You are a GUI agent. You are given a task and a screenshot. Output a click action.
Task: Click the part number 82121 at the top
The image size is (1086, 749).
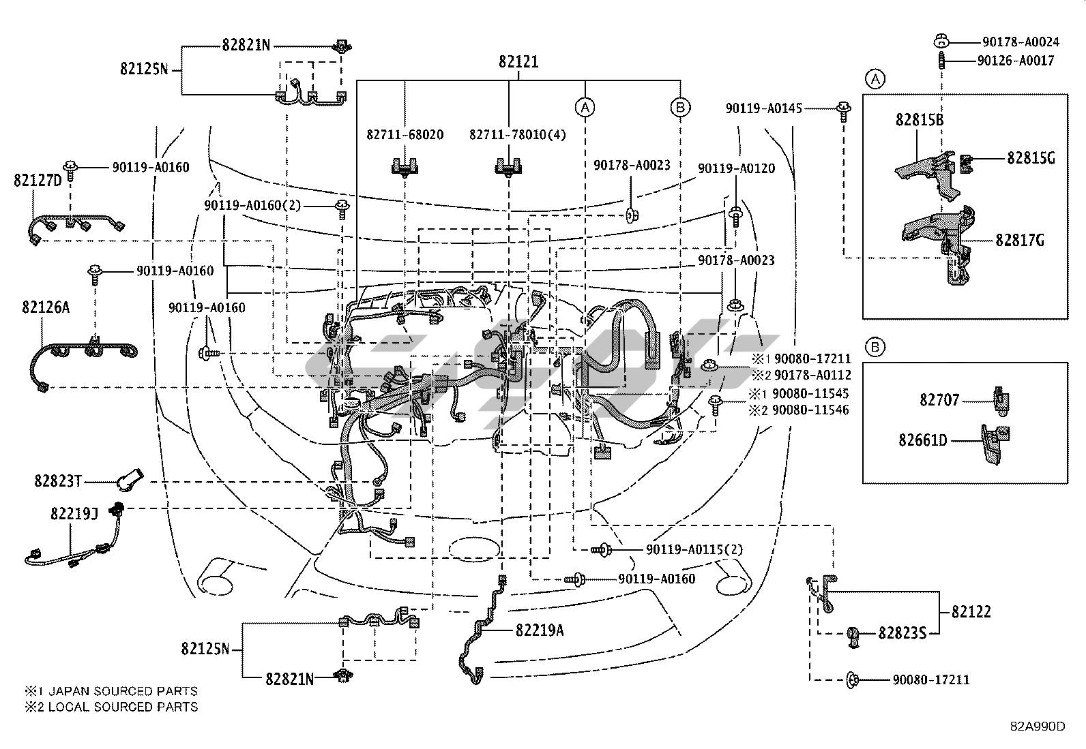[518, 62]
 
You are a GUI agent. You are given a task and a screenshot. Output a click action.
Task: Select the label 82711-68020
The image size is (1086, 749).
[405, 135]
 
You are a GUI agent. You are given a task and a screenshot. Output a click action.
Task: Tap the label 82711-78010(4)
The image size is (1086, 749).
[518, 135]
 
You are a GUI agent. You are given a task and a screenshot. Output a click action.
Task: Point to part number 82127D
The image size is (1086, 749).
[38, 180]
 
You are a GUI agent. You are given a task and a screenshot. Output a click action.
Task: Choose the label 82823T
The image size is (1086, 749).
[58, 481]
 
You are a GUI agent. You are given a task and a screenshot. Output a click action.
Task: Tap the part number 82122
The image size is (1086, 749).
[971, 612]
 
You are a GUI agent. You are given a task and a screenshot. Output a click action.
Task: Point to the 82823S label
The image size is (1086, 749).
[902, 634]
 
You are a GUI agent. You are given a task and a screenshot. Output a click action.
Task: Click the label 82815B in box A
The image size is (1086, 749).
[920, 120]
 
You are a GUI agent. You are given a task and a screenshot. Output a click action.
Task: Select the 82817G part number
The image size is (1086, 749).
[1020, 240]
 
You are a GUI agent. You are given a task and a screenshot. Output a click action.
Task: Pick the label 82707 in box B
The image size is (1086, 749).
[939, 400]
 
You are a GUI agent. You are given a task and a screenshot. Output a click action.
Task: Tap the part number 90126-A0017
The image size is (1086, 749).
[1015, 61]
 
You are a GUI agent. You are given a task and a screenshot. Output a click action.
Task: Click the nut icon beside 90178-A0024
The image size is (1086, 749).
[940, 41]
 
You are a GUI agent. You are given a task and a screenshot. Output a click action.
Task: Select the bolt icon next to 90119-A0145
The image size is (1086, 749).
[843, 109]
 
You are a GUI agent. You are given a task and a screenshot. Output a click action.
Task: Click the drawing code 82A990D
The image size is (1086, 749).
[1037, 726]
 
